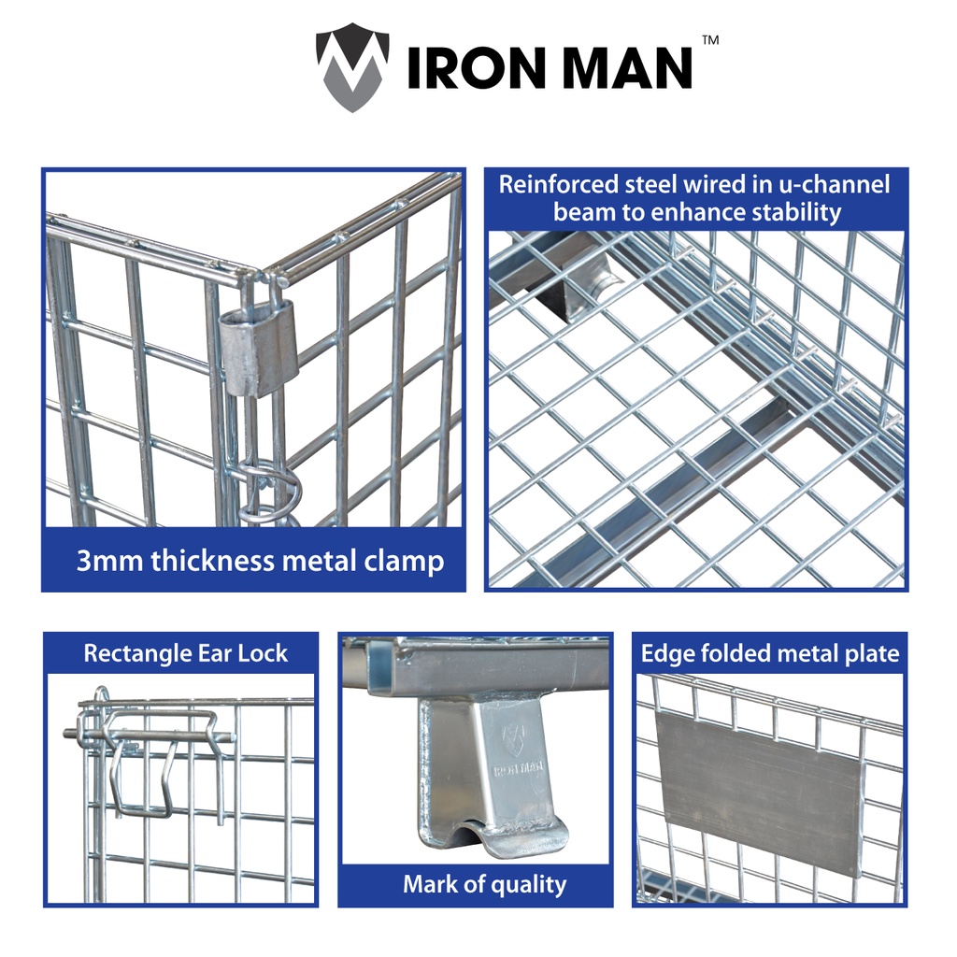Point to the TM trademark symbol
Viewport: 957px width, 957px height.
pyautogui.click(x=710, y=41)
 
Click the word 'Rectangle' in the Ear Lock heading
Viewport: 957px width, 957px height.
pyautogui.click(x=136, y=653)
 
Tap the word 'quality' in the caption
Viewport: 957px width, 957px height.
pyautogui.click(x=529, y=884)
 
